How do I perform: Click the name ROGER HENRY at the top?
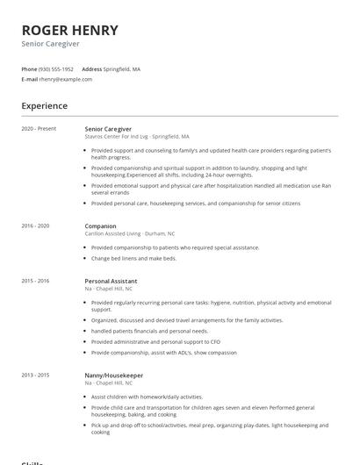[69, 30]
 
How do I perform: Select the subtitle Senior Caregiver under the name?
[50, 43]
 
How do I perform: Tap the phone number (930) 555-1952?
[56, 68]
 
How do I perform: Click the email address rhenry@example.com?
[65, 79]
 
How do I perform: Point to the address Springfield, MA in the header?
[122, 68]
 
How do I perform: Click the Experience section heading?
[44, 106]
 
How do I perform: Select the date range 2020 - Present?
[39, 129]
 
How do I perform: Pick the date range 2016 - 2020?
[35, 225]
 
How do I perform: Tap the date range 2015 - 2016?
[35, 281]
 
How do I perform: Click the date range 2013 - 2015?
[35, 375]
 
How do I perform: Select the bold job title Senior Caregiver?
[109, 129]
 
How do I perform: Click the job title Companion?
[101, 225]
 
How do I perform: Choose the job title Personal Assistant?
[111, 281]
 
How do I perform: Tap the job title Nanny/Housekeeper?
[114, 375]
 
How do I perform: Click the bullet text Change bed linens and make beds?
[133, 259]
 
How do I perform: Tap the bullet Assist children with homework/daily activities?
[147, 397]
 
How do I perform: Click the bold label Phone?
[29, 68]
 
